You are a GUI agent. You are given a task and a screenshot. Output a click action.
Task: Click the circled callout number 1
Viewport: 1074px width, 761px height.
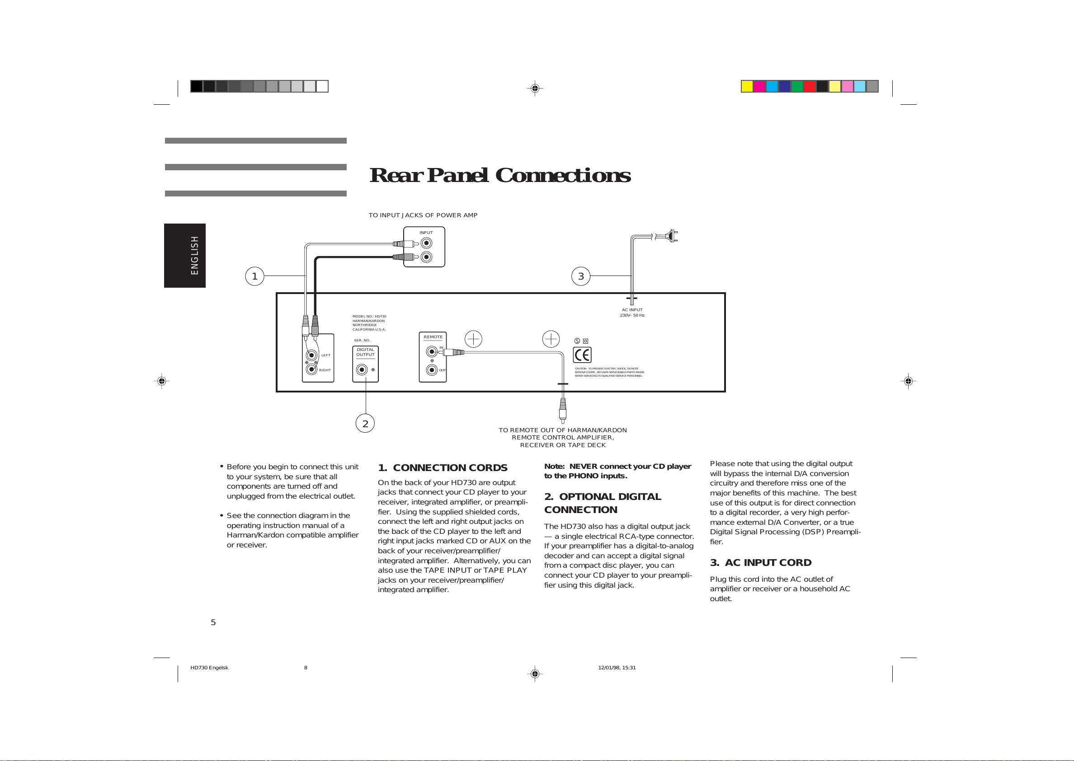pos(254,276)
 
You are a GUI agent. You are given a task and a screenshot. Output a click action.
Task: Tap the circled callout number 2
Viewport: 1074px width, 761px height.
pos(365,424)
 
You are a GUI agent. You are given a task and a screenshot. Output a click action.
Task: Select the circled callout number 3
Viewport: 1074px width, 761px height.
pos(580,276)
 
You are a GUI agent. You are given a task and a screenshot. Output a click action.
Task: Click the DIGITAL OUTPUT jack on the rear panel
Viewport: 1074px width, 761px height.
pos(362,370)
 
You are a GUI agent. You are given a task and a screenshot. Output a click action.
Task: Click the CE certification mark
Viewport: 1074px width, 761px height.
pos(582,355)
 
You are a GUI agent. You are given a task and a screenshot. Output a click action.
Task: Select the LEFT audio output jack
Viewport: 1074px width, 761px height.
pos(311,355)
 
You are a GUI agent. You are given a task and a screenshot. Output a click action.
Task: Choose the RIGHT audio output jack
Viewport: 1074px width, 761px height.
pos(311,370)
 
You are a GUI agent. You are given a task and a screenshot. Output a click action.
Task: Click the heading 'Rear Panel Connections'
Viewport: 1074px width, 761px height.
pos(500,175)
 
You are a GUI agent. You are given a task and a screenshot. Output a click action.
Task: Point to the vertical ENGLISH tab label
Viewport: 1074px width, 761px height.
pos(194,255)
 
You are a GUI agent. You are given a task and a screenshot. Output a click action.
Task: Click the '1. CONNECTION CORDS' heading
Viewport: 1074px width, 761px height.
pos(442,467)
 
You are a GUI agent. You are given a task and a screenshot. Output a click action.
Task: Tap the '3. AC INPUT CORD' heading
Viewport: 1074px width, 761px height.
pos(760,562)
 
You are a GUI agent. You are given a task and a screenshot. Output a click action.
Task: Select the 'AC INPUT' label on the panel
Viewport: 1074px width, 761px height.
pos(632,310)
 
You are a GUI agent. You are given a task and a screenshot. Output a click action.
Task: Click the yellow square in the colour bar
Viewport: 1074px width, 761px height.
pos(747,86)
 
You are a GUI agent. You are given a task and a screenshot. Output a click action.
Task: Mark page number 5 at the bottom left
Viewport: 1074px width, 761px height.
pos(213,622)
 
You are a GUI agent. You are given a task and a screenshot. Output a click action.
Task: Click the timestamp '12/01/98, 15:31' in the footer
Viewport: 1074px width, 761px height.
pos(617,668)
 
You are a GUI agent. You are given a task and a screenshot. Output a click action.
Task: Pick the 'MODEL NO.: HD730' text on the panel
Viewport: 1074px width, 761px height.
pos(369,317)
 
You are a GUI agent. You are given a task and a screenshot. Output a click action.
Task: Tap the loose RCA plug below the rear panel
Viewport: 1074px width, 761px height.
pos(562,410)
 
